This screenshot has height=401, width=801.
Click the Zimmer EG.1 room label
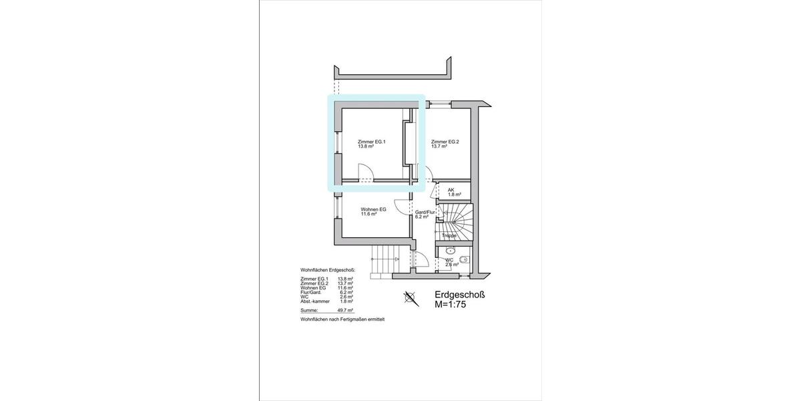(x=372, y=141)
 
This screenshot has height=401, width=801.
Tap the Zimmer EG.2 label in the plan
(x=445, y=141)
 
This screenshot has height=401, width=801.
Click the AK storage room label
(x=451, y=190)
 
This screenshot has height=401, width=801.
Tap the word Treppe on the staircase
(x=449, y=235)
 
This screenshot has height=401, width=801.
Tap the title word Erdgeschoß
(x=459, y=295)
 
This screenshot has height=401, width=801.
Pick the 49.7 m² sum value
(x=345, y=311)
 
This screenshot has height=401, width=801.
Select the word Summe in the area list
(x=309, y=311)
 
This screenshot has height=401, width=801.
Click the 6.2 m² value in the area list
(x=345, y=292)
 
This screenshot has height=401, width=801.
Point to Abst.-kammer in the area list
(x=314, y=301)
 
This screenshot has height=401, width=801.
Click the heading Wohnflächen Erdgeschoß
(x=328, y=271)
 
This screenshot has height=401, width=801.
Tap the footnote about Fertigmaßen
(x=342, y=320)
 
